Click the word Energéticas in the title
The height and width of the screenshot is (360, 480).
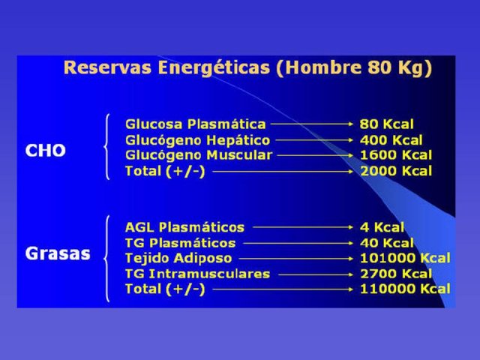pos(214,68)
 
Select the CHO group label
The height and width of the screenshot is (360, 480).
pos(45,150)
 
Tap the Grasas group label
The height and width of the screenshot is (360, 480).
pos(58,253)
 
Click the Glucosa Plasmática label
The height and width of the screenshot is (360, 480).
pos(196,124)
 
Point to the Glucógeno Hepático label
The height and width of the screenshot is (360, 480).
pos(198,140)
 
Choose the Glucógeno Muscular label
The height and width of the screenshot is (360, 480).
pos(199,155)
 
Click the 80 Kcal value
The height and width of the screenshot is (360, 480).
pos(387,124)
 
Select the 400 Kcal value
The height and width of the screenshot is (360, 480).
pos(391,140)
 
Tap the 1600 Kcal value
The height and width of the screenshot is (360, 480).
pos(396,155)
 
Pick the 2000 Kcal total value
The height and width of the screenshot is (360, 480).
pos(396,171)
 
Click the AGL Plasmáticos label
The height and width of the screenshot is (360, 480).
pos(185,227)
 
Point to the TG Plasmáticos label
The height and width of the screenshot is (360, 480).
pos(180,243)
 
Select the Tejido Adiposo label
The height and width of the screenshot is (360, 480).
pos(178,258)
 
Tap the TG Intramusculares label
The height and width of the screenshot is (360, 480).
pos(197,274)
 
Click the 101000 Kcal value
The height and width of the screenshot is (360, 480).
pos(405,258)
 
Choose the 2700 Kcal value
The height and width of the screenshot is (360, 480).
pos(396,274)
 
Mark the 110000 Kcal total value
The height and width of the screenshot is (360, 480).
pos(405,289)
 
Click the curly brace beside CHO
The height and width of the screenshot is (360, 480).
pos(106,147)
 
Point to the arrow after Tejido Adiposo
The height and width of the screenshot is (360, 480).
pos(295,259)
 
